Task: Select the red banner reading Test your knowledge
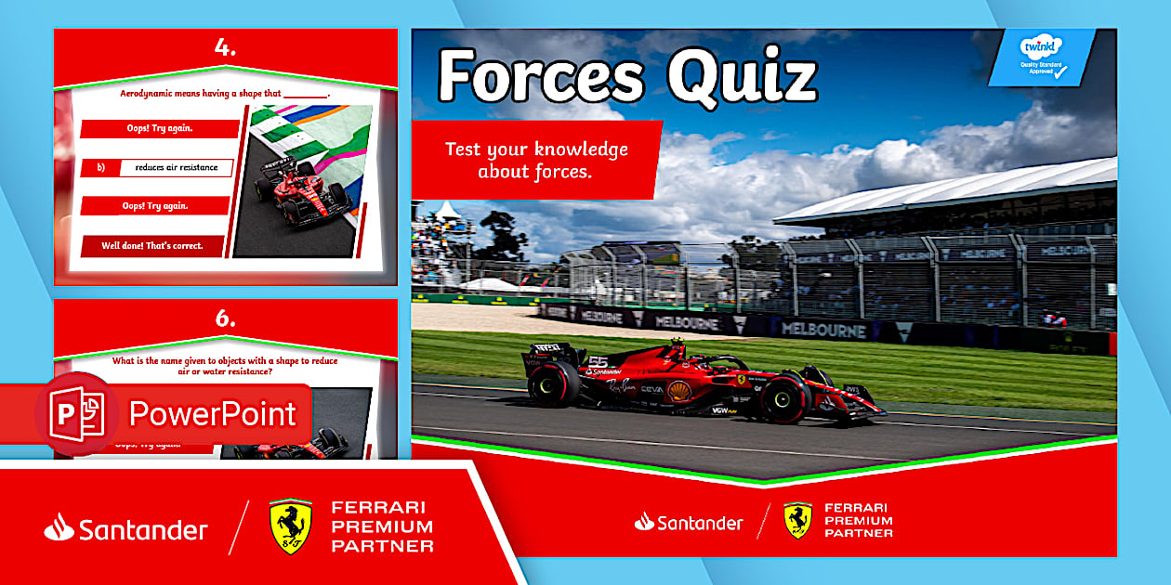tap(536, 160)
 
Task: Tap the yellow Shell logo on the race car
tap(679, 391)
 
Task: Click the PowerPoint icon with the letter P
tap(77, 413)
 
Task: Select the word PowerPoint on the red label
tap(212, 413)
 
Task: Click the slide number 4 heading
tap(225, 49)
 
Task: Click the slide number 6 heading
tap(225, 318)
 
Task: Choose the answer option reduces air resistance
tap(176, 168)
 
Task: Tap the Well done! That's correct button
tap(154, 246)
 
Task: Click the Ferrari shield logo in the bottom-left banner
tap(290, 526)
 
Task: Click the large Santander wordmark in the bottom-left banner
tap(126, 529)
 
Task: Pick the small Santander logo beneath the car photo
tap(689, 523)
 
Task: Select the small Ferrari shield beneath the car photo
tap(797, 521)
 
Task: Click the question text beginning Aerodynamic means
tap(224, 94)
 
